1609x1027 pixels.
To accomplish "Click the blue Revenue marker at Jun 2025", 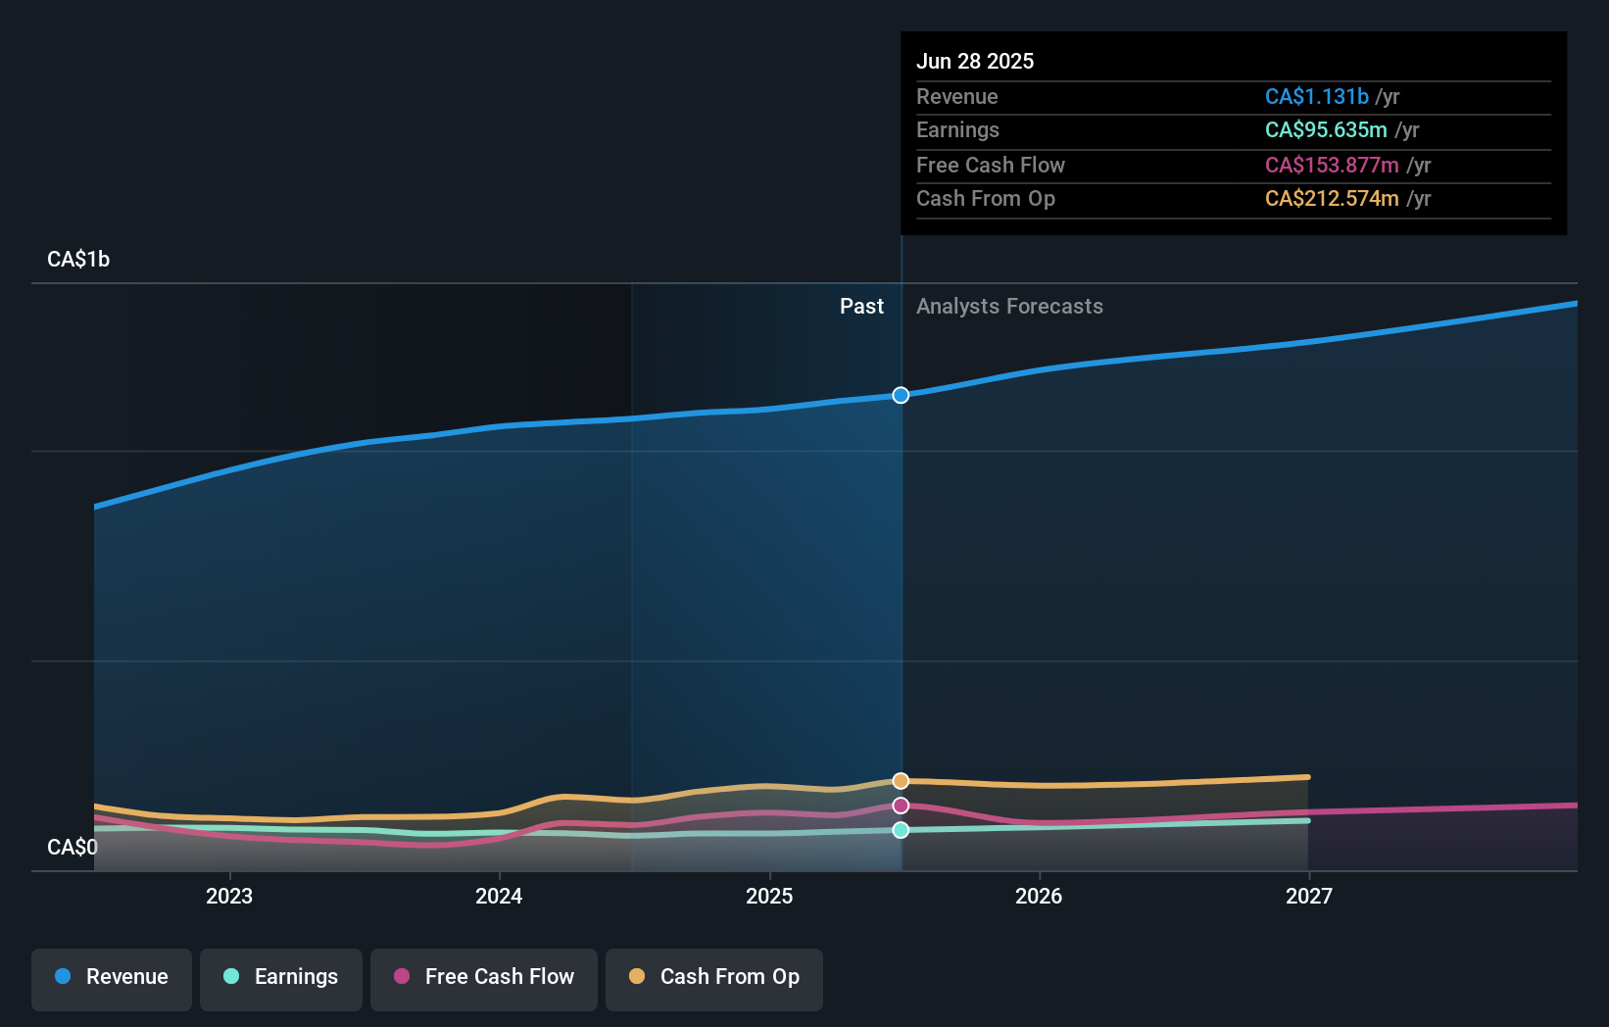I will pos(901,395).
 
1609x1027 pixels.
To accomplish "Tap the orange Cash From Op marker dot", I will pos(901,781).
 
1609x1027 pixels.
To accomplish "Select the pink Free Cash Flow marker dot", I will pos(901,806).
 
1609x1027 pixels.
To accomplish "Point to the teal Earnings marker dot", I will pos(901,830).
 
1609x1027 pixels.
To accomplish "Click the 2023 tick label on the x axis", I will pos(229,896).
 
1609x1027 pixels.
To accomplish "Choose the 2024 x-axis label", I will pos(499,896).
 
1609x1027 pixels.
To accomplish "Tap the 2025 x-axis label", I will pos(769,896).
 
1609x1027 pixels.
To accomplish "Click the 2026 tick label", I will pos(1039,896).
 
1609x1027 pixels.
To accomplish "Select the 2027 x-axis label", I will pos(1309,896).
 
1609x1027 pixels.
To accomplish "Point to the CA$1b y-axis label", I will pos(78,259).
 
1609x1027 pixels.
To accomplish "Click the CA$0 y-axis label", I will pos(73,847).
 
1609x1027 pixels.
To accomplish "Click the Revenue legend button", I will pos(112,977).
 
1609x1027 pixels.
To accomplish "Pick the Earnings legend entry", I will pos(281,977).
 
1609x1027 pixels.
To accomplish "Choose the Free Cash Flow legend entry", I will pos(484,977).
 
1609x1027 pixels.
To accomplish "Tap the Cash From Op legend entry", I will pos(714,977).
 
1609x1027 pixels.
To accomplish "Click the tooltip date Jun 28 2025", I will pos(975,61).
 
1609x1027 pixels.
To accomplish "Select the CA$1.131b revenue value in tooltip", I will pos(1316,96).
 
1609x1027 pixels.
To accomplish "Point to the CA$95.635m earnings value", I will pos(1326,129).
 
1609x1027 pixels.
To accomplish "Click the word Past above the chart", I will pos(861,306).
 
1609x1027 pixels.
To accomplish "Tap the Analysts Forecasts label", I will pos(1009,306).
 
